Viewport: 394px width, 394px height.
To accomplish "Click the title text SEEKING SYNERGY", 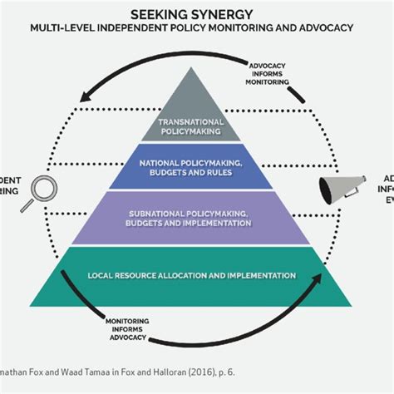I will [x=196, y=14].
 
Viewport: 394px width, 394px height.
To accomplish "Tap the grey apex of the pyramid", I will [x=197, y=91].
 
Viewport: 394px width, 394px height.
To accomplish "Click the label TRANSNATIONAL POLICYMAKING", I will [x=197, y=126].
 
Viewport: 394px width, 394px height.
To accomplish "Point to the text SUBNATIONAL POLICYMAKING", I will [x=197, y=214].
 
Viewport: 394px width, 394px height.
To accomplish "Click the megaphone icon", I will [x=338, y=190].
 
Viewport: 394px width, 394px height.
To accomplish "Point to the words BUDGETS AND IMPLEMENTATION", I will [x=197, y=223].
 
